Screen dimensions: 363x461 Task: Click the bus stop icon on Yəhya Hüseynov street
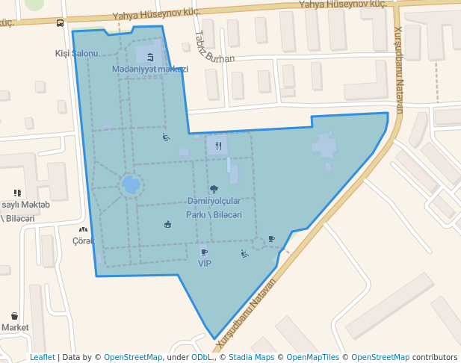(x=60, y=23)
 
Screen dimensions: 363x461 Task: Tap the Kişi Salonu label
(x=76, y=53)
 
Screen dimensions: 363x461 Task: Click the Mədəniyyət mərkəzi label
(x=150, y=69)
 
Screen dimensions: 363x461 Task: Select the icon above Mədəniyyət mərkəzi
(x=151, y=56)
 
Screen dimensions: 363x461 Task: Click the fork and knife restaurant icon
(x=218, y=146)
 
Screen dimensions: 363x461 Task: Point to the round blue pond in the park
(x=131, y=184)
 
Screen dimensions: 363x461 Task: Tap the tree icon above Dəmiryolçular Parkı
(x=214, y=190)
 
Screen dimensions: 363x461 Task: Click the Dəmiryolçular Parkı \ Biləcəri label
(x=214, y=208)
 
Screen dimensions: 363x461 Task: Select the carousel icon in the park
(x=167, y=223)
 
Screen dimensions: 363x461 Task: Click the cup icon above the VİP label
(x=204, y=252)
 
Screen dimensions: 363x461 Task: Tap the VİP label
(x=205, y=264)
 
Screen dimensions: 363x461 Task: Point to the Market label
(x=15, y=327)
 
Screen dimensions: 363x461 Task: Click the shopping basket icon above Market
(x=15, y=316)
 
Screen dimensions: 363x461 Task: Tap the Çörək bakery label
(x=81, y=241)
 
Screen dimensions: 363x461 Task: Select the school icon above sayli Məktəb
(x=17, y=193)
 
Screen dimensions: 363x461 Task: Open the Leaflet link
(x=43, y=357)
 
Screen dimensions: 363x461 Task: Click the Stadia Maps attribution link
(x=251, y=357)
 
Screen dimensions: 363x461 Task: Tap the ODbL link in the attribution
(x=201, y=357)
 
